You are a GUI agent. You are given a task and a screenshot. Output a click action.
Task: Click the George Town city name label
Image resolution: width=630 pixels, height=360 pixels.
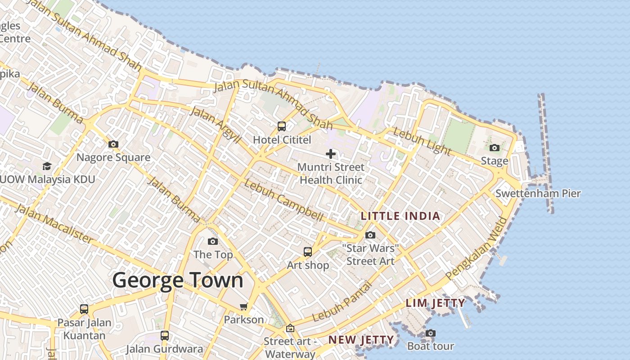point(178,280)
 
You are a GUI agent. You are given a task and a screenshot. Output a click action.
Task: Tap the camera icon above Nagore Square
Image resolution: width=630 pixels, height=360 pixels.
point(113,144)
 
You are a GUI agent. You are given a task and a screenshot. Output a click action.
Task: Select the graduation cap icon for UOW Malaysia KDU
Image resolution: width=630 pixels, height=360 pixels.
point(47,166)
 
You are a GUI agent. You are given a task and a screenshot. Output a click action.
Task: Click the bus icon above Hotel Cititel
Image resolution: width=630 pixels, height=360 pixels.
point(282,126)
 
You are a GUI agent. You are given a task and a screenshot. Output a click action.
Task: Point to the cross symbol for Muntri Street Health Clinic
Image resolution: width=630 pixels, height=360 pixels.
point(331,154)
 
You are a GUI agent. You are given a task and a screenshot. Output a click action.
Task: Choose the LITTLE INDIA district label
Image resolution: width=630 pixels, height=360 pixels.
point(400,216)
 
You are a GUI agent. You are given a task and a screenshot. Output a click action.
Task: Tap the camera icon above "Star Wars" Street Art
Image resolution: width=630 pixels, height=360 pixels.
point(370,235)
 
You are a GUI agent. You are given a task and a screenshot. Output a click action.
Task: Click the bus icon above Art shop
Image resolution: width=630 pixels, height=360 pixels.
point(308,252)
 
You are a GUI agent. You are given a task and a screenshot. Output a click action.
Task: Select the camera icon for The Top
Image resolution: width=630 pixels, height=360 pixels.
point(213,242)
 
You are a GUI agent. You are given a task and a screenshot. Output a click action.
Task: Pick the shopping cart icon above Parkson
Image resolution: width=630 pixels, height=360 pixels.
point(244,306)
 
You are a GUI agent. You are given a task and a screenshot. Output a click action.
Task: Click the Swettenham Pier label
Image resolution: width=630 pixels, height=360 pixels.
point(538,193)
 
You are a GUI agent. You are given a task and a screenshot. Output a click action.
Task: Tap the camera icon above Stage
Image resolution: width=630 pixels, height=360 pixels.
point(495,148)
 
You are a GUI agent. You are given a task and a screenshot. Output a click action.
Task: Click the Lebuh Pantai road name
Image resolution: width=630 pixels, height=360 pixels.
point(342,301)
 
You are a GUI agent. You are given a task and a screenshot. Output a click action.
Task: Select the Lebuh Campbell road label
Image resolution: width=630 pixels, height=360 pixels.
point(284,201)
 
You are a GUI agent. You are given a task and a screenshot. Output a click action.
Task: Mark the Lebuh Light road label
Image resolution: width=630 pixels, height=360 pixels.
point(422,141)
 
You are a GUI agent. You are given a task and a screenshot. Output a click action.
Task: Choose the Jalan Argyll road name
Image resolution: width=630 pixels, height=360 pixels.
point(216,124)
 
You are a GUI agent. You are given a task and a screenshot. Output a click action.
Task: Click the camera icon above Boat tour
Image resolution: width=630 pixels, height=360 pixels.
point(431,333)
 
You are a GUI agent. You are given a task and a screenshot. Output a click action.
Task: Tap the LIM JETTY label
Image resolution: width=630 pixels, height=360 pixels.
point(436,303)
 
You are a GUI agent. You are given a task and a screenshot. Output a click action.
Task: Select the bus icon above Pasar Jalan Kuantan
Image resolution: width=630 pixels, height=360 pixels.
point(84,309)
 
